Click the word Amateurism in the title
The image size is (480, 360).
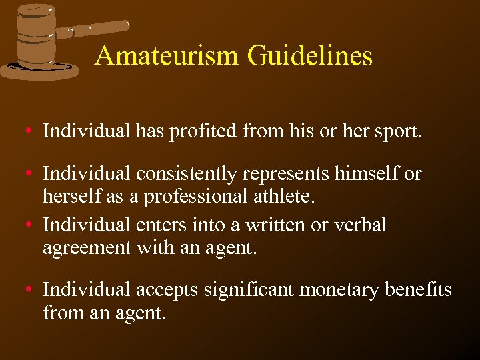[167, 55]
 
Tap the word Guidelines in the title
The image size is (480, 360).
[310, 55]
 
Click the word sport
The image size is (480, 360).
[398, 131]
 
